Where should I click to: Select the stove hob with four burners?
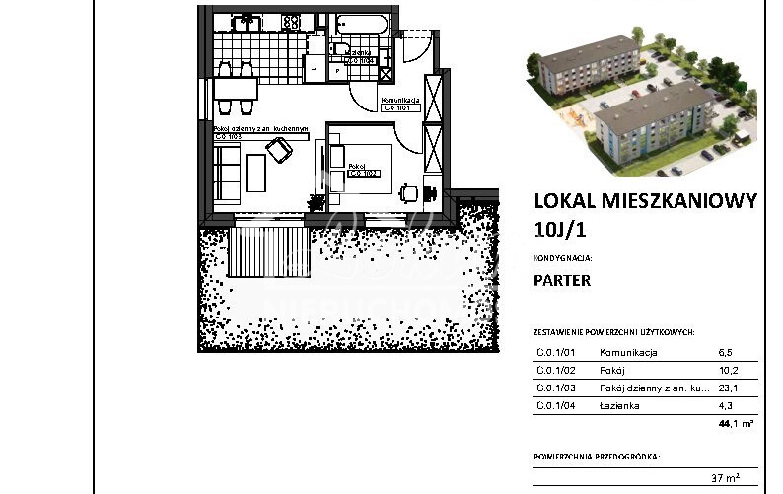[x=291, y=19]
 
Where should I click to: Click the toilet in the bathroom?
[x=342, y=49]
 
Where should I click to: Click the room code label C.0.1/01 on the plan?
[x=400, y=108]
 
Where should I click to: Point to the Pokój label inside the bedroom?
[x=358, y=167]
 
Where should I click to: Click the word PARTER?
[x=562, y=280]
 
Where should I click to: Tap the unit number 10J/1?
[x=560, y=231]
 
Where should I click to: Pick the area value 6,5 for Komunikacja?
[x=726, y=352]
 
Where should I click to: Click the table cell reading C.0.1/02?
[x=555, y=370]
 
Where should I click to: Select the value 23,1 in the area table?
[x=727, y=388]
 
